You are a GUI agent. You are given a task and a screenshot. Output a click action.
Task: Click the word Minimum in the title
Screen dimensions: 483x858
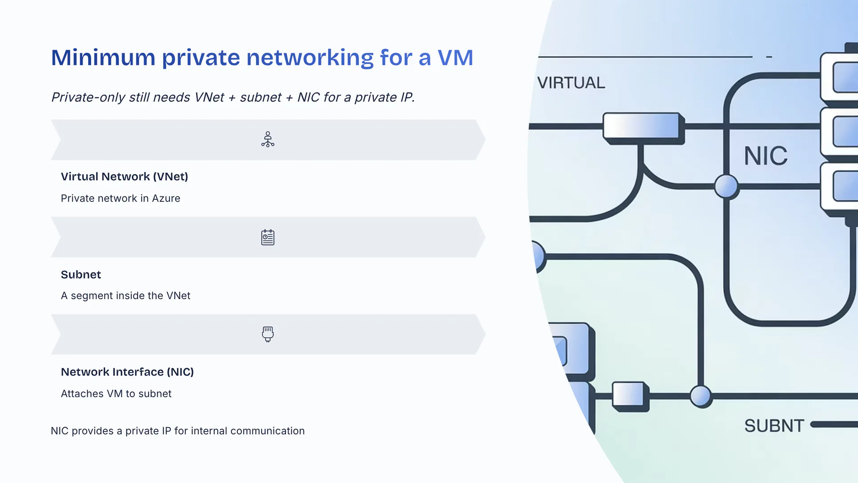click(103, 58)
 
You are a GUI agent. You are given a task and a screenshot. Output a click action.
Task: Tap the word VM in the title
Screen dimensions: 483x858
click(455, 58)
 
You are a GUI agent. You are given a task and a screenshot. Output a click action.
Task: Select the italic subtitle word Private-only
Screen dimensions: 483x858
click(88, 97)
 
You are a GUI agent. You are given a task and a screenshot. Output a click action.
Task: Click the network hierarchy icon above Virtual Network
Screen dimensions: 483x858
click(268, 140)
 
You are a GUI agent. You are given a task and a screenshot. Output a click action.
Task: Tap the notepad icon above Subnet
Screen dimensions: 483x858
click(268, 237)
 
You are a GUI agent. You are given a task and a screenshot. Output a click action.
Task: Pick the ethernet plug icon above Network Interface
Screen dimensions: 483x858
click(268, 334)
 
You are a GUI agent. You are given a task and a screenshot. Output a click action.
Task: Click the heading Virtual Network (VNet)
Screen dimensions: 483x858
click(124, 177)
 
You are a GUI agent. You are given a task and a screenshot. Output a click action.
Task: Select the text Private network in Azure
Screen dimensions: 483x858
click(120, 198)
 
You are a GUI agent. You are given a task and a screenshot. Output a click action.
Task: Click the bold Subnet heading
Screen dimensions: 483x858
click(81, 275)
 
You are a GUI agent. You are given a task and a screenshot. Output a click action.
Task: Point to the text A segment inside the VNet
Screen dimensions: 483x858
click(125, 296)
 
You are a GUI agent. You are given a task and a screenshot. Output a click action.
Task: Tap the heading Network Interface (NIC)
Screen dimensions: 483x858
click(127, 372)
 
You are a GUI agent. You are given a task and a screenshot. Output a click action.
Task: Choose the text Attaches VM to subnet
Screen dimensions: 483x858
click(116, 394)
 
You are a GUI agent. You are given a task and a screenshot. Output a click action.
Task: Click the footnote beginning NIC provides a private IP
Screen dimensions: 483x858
click(177, 431)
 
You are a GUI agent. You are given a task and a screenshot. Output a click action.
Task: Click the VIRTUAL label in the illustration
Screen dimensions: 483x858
click(571, 83)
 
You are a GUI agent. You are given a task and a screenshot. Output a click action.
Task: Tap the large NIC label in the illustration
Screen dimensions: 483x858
click(765, 156)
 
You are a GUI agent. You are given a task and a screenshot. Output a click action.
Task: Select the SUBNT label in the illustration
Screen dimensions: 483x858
click(774, 426)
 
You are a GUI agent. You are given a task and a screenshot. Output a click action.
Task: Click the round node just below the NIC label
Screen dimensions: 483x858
click(726, 186)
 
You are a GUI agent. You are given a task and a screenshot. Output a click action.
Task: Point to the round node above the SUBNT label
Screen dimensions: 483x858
click(700, 396)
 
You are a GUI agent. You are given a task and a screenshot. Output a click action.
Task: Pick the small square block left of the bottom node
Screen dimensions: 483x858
click(629, 395)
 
